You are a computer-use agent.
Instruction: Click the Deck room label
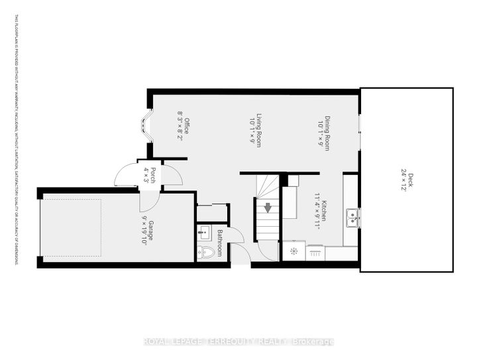click(411, 180)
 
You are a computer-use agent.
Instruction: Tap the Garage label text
click(150, 229)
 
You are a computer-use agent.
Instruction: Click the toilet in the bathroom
click(207, 253)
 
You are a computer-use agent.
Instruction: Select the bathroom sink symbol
click(203, 232)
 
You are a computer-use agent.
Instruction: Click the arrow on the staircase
click(268, 208)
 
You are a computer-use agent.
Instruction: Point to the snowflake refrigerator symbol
click(292, 252)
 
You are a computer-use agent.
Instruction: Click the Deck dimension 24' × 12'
click(403, 180)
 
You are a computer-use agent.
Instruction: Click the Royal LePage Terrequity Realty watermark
click(239, 342)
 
